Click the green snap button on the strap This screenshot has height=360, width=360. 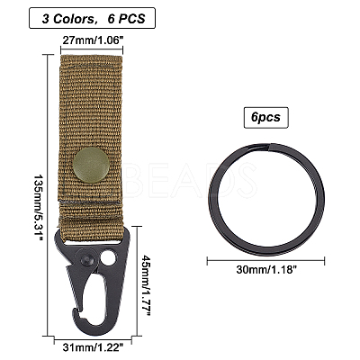92,166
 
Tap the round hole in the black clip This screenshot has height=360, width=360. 107,258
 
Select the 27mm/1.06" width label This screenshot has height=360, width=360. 92,40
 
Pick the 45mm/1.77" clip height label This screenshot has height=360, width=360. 147,284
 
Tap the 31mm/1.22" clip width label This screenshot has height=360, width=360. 93,348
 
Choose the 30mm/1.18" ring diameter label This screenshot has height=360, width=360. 266,269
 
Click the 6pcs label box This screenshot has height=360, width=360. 266,118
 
